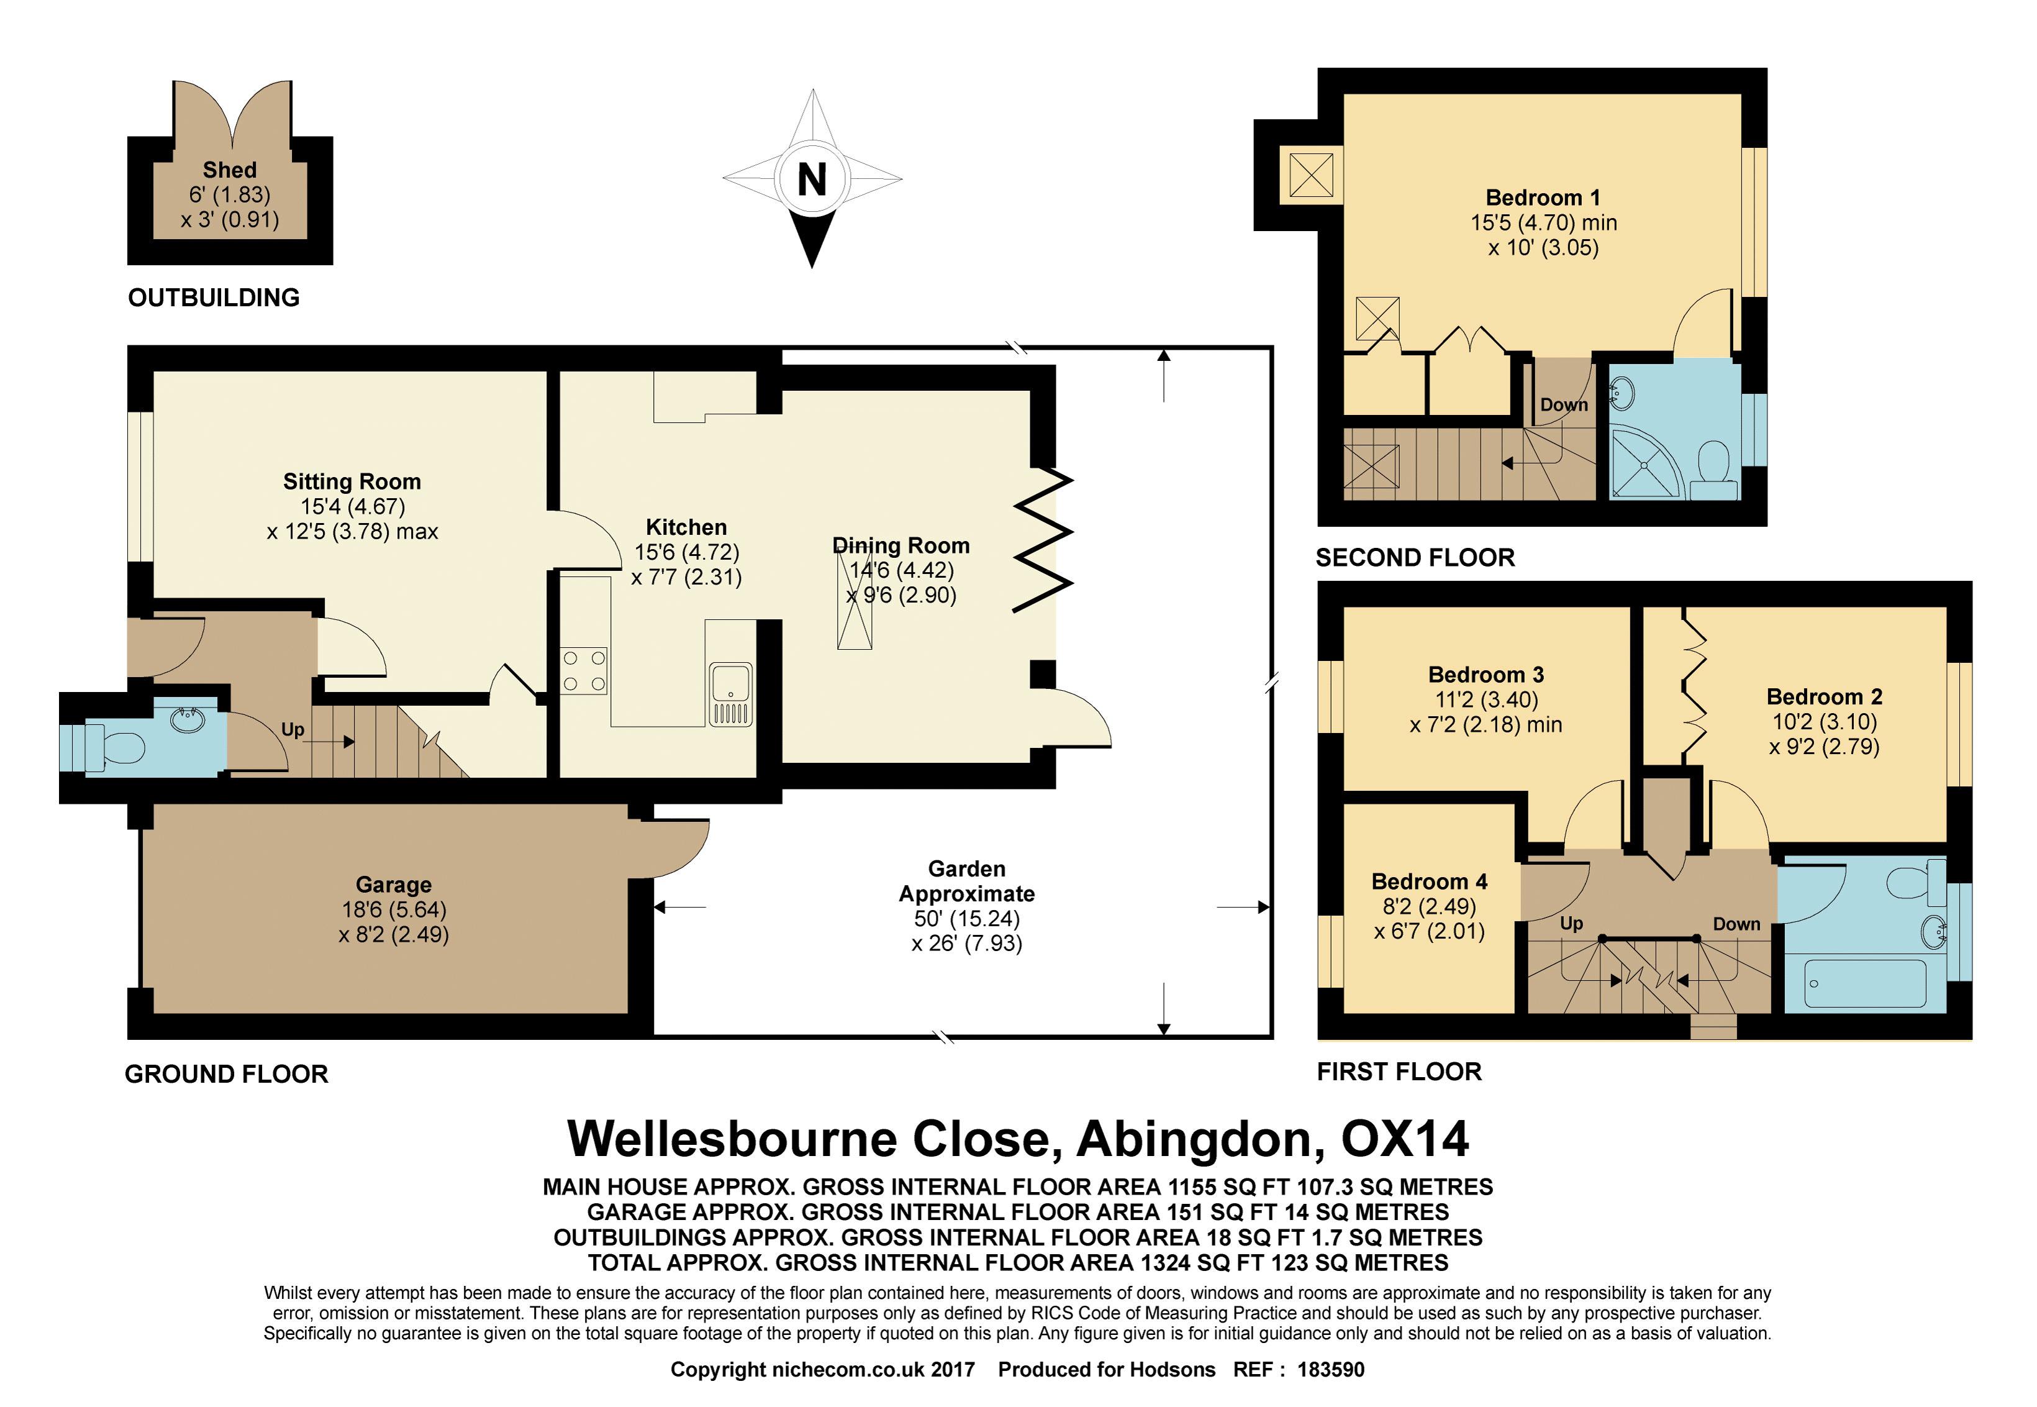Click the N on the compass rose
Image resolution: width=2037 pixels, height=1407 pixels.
click(x=812, y=180)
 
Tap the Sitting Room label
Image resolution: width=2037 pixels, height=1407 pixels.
click(x=352, y=481)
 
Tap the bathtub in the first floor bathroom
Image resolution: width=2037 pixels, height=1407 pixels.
click(x=1865, y=982)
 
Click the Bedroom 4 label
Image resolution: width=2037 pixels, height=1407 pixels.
click(x=1429, y=881)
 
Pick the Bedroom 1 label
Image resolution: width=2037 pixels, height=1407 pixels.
click(x=1543, y=198)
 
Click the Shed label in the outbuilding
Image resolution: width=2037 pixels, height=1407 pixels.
click(x=229, y=169)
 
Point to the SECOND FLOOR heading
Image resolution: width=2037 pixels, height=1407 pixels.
click(x=1415, y=557)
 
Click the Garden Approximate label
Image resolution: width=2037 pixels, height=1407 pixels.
click(x=967, y=881)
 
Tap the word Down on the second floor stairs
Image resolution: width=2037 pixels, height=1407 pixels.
click(x=1564, y=404)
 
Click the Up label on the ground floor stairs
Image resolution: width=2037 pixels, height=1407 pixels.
click(x=293, y=729)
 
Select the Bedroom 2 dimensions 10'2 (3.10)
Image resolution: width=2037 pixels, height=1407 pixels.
click(x=1825, y=721)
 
